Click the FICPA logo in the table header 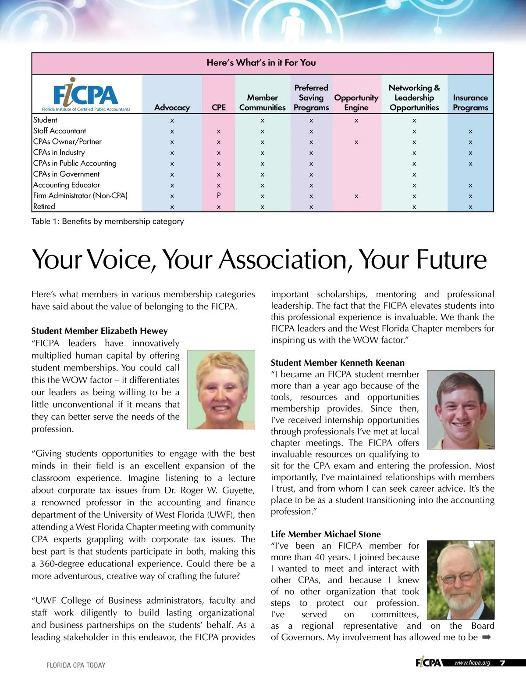[x=86, y=95]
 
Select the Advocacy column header [x=172, y=108]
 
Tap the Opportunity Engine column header [x=356, y=103]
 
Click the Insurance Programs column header [x=470, y=103]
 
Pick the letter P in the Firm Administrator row [x=219, y=196]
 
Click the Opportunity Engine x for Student [x=356, y=120]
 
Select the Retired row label [x=44, y=206]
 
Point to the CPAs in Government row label [x=66, y=174]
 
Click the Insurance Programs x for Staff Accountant [x=470, y=131]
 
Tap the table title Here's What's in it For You [x=261, y=63]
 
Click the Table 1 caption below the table [x=107, y=221]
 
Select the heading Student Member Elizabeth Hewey [x=100, y=331]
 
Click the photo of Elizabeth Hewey [x=221, y=389]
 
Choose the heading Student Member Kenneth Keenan [x=338, y=363]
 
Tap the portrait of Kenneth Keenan [x=460, y=410]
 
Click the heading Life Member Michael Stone [x=326, y=534]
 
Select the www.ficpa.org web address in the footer [x=472, y=663]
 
